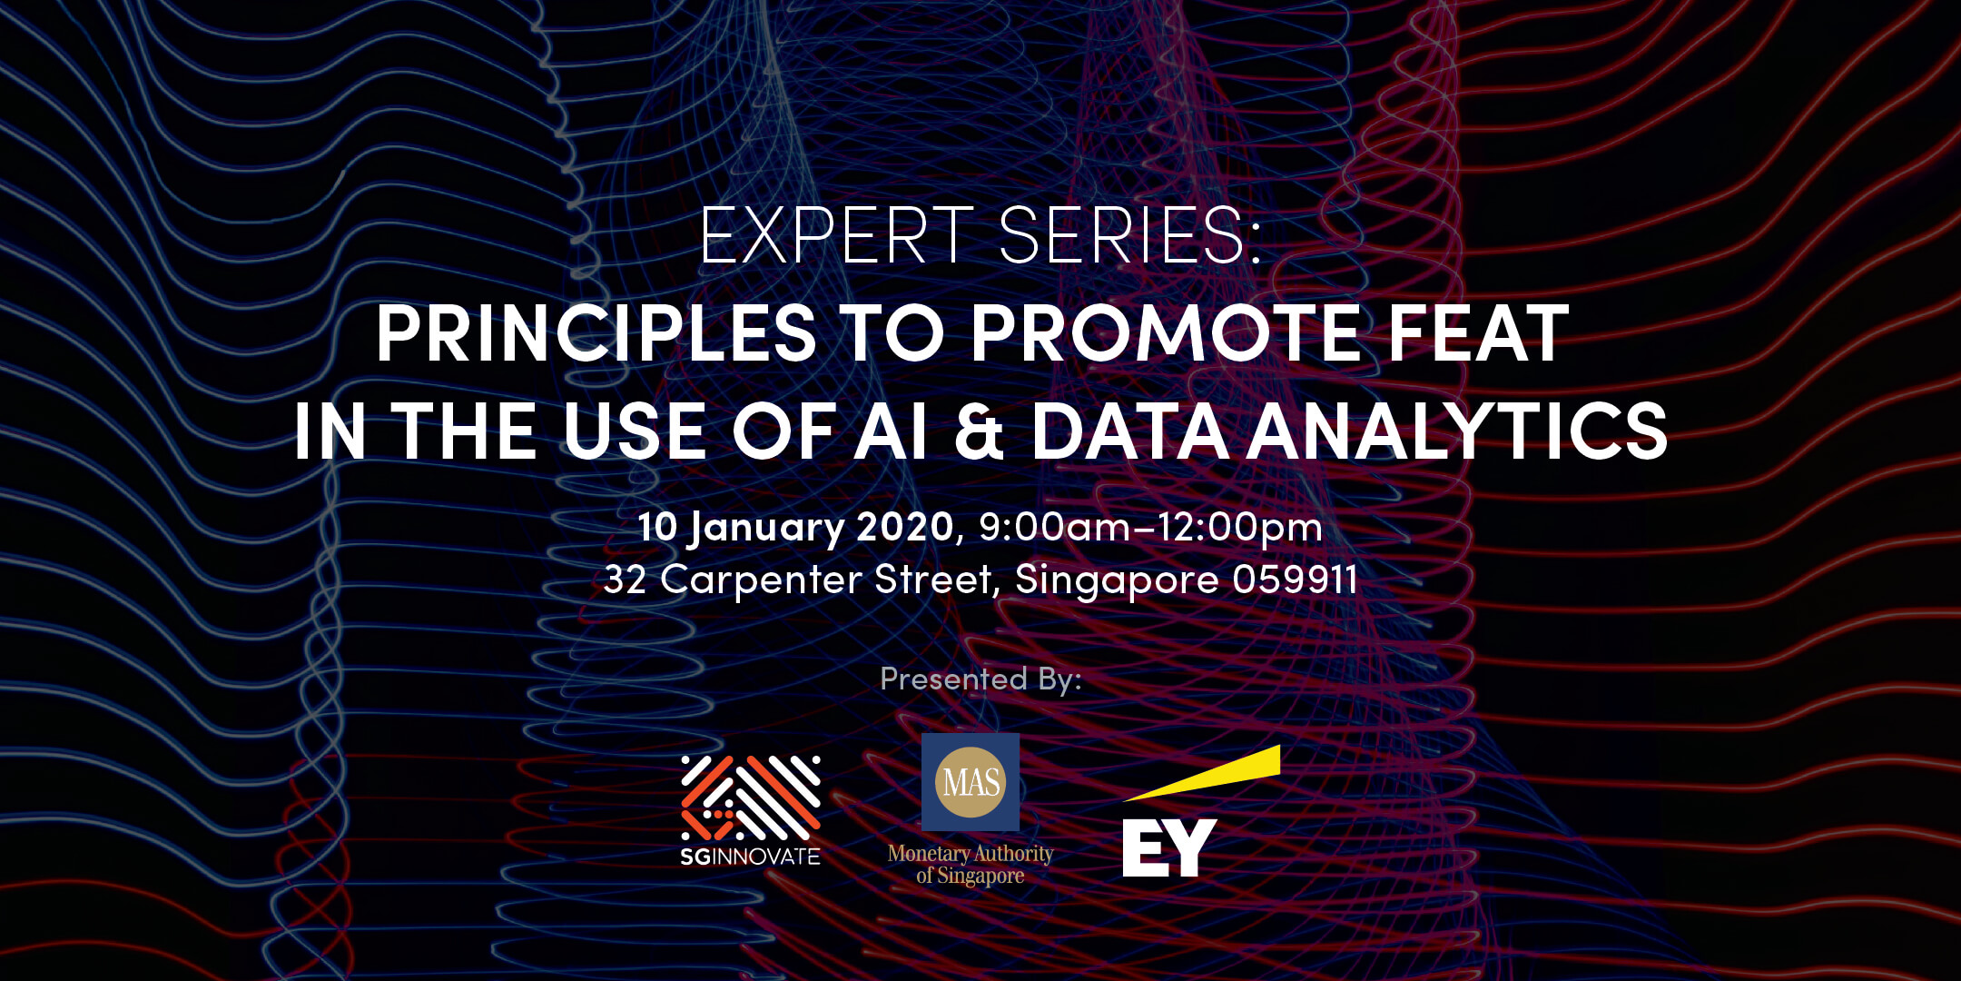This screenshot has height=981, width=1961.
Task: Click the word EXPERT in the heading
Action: (836, 235)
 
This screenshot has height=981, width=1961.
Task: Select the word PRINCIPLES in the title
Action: (596, 333)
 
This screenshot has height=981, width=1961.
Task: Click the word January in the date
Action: (765, 529)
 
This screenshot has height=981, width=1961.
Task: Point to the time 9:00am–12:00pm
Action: (1150, 529)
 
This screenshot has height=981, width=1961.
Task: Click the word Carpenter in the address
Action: (761, 580)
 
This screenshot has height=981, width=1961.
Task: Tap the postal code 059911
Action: (1296, 580)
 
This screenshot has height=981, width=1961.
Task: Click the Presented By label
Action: (980, 679)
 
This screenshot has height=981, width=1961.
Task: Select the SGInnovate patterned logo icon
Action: (751, 797)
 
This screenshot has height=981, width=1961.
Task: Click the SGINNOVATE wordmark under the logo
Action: (751, 856)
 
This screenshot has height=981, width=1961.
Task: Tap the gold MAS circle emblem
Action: (971, 782)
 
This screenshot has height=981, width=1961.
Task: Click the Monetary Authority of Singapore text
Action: (971, 865)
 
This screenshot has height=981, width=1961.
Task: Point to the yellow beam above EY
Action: (1202, 773)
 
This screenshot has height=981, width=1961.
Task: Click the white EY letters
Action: (1169, 847)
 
